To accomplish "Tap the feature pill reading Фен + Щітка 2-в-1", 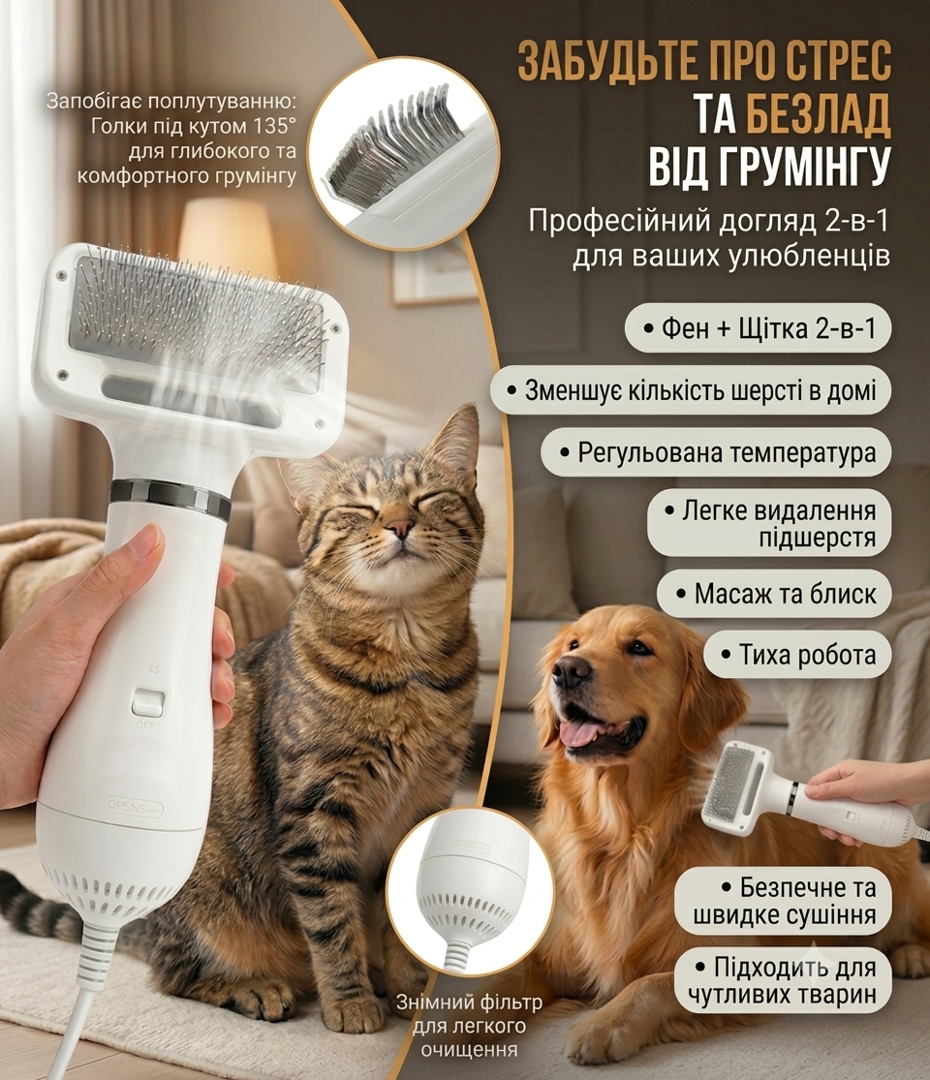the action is point(758,327).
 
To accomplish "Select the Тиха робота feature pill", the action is point(797,654).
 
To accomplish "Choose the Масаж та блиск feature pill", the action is point(774,593).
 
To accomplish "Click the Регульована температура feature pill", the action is point(717,451).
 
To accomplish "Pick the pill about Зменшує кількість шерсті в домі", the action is point(691,389).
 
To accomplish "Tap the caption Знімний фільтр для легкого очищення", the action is point(469,1026).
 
